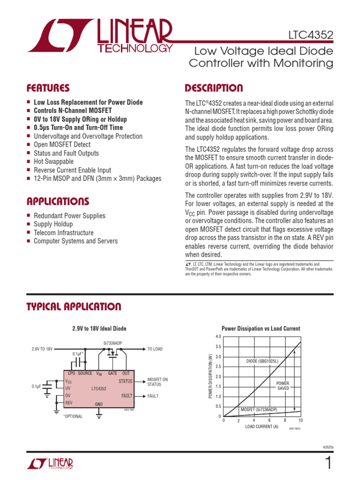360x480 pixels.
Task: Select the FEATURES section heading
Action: pos(48,88)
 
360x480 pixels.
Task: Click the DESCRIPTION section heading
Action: pos(214,88)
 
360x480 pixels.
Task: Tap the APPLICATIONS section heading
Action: pos(58,202)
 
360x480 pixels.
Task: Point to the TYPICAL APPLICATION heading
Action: pos(74,307)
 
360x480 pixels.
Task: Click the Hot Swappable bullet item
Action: pos(53,162)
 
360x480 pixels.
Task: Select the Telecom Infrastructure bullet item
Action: pos(63,233)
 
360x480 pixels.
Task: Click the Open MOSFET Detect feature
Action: pos(62,145)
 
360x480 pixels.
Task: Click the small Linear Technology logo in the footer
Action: pos(50,464)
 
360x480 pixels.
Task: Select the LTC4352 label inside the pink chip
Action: pos(99,389)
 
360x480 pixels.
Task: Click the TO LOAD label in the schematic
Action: pos(155,349)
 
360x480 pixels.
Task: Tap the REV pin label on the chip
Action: pos(69,403)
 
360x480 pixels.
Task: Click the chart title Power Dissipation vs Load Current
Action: pos(261,329)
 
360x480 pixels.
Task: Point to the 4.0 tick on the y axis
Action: pos(218,337)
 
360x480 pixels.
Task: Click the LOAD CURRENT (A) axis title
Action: pos(262,427)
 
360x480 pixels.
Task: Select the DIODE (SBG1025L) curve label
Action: pos(262,361)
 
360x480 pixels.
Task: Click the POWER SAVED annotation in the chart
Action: pos(283,386)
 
